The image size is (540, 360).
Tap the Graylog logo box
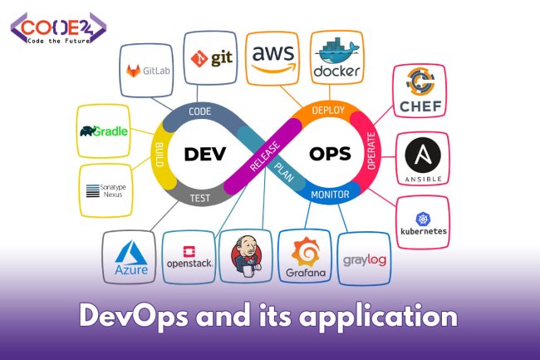[363, 259]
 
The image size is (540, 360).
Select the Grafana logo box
[304, 257]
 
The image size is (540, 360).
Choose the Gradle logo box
[104, 131]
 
